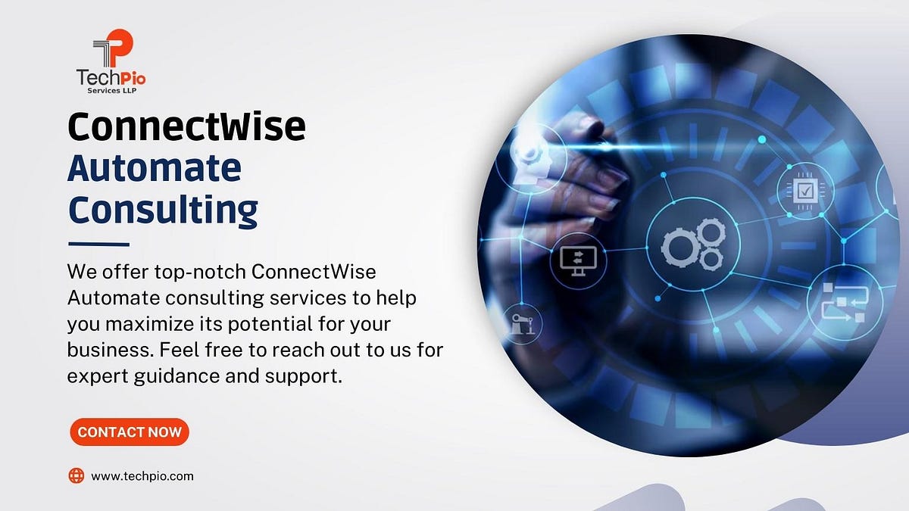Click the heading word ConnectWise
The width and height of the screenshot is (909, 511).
186,126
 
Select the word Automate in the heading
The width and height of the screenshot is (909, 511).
154,168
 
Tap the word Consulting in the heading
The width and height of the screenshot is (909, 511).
162,210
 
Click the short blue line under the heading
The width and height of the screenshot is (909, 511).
98,244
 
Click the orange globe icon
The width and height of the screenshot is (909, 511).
77,475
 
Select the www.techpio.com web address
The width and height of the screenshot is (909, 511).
142,476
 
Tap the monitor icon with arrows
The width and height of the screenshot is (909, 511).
578,260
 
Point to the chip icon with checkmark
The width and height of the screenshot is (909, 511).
805,189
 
